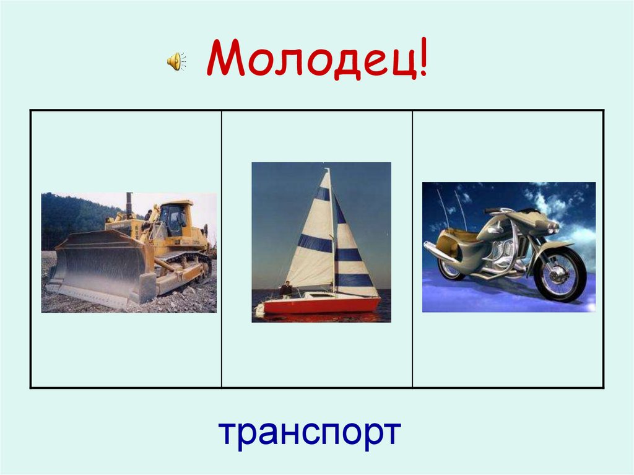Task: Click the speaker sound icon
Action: [176, 61]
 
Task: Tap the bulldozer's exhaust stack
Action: [129, 205]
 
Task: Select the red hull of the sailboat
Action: [322, 305]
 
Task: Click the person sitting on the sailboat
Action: [285, 289]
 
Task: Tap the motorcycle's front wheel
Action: [560, 274]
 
